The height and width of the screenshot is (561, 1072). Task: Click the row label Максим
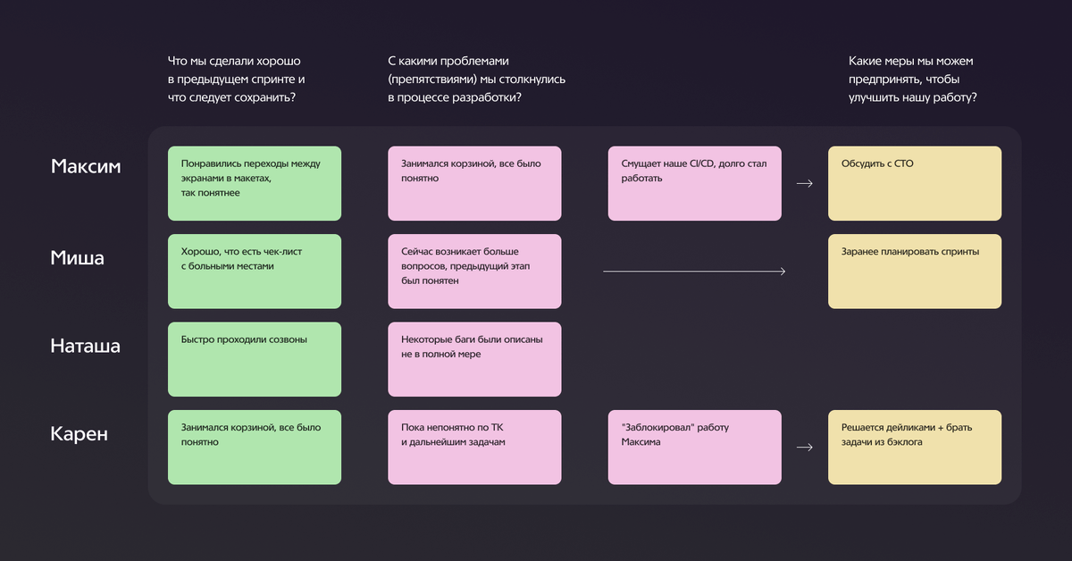[86, 167]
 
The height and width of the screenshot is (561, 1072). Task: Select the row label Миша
[78, 258]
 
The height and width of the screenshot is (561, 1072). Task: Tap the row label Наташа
[85, 346]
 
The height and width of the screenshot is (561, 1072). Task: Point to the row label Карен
[80, 435]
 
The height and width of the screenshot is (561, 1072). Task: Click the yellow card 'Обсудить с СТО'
[914, 183]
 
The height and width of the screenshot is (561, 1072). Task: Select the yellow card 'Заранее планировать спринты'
[914, 271]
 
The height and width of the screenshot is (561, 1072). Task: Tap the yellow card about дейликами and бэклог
[914, 447]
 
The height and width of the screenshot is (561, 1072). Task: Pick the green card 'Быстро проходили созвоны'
[255, 359]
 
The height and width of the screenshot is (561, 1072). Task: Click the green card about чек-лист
[255, 271]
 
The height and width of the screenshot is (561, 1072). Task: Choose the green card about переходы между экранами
[255, 183]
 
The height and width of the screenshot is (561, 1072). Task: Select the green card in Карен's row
[255, 447]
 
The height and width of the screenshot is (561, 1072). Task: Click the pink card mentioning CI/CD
[694, 183]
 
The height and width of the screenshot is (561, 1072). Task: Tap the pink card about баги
[474, 359]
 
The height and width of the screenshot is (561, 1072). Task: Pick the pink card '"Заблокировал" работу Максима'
[694, 447]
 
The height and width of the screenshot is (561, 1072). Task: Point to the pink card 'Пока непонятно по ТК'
[474, 447]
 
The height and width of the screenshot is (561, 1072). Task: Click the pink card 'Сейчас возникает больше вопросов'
[474, 271]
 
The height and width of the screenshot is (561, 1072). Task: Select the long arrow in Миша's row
[694, 271]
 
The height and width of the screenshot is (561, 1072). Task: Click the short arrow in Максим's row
[804, 183]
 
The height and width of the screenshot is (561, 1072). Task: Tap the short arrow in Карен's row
[804, 448]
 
